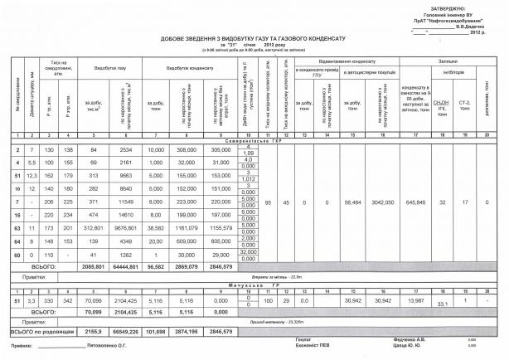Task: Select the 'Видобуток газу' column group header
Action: tap(110, 68)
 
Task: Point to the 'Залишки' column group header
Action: tap(448, 61)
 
